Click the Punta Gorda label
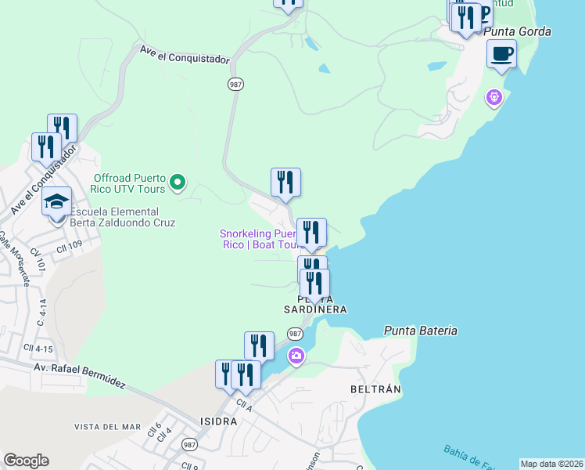[518, 31]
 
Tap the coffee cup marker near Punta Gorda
[501, 55]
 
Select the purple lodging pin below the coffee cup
[493, 98]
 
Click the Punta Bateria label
[420, 331]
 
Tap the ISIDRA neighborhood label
[218, 421]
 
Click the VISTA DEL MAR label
[107, 427]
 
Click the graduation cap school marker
[57, 202]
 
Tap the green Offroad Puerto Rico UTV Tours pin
[178, 183]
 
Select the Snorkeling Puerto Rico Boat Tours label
[258, 239]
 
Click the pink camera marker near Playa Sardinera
[296, 356]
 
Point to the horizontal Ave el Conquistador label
[185, 53]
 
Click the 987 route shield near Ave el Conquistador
[235, 84]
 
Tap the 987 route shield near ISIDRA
[189, 444]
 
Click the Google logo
[26, 461]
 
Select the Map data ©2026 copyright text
[552, 464]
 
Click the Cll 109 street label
[69, 248]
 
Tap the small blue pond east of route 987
[323, 68]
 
